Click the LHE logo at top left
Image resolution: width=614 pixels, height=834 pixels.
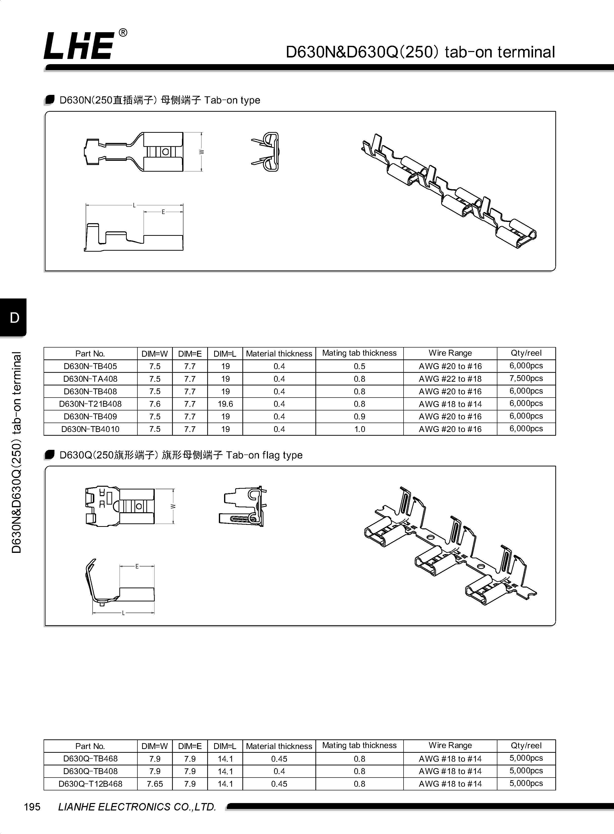point(79,45)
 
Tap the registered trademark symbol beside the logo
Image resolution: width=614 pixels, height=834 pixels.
point(123,33)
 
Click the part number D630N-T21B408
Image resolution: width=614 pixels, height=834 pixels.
point(90,404)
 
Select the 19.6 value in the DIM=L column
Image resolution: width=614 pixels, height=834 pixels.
point(225,404)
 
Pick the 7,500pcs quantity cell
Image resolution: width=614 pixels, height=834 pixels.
point(526,378)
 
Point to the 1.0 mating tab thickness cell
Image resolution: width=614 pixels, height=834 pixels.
point(359,429)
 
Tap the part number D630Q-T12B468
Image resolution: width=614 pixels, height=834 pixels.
point(90,784)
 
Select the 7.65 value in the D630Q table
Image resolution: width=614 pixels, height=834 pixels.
point(155,784)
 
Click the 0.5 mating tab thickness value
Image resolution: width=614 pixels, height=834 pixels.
point(359,366)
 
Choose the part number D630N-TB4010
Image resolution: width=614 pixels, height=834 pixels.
point(90,429)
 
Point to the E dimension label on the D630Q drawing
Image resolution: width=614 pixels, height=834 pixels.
point(137,566)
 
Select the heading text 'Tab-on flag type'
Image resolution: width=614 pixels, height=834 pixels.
point(264,455)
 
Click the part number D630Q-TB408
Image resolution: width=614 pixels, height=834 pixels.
point(90,771)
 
